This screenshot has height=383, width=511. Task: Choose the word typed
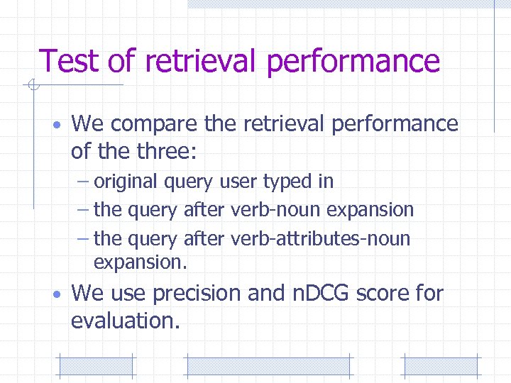tap(289, 182)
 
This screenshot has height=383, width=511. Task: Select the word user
tap(237, 182)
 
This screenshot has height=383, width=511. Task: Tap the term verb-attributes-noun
tap(320, 238)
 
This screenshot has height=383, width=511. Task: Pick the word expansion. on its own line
tap(140, 262)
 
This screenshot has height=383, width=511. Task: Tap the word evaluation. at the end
tap(125, 321)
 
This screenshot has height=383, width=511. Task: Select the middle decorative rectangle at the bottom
tap(268, 366)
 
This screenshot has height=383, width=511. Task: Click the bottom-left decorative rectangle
tap(95, 366)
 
